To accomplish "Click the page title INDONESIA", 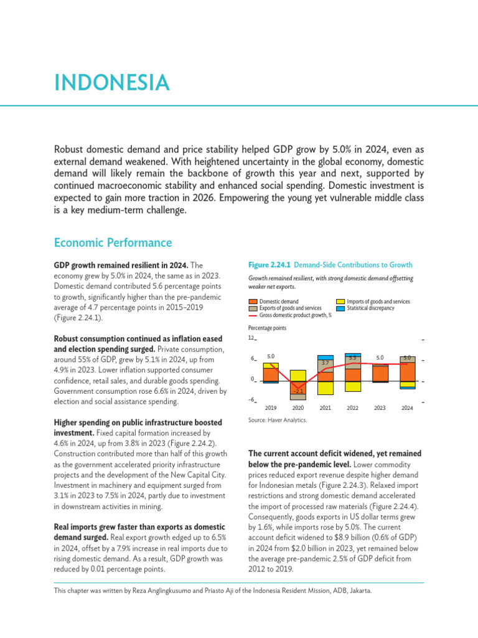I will tap(111, 82).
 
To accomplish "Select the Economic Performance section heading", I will tap(113, 242).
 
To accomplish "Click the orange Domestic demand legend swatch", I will tap(253, 302).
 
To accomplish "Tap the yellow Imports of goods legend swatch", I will tap(340, 302).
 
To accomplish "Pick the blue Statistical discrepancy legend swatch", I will tap(340, 308).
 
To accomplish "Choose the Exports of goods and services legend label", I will tap(290, 308).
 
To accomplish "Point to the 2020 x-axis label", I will tap(298, 408).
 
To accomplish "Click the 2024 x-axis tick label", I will tap(407, 408).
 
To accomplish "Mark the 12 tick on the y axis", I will tap(251, 338).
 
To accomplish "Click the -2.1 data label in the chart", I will tap(298, 391).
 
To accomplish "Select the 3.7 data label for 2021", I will tap(325, 363).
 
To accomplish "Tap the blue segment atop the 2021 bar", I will tap(325, 357).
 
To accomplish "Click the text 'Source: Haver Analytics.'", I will tap(278, 421).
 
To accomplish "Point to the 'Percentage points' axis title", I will tap(267, 328).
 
